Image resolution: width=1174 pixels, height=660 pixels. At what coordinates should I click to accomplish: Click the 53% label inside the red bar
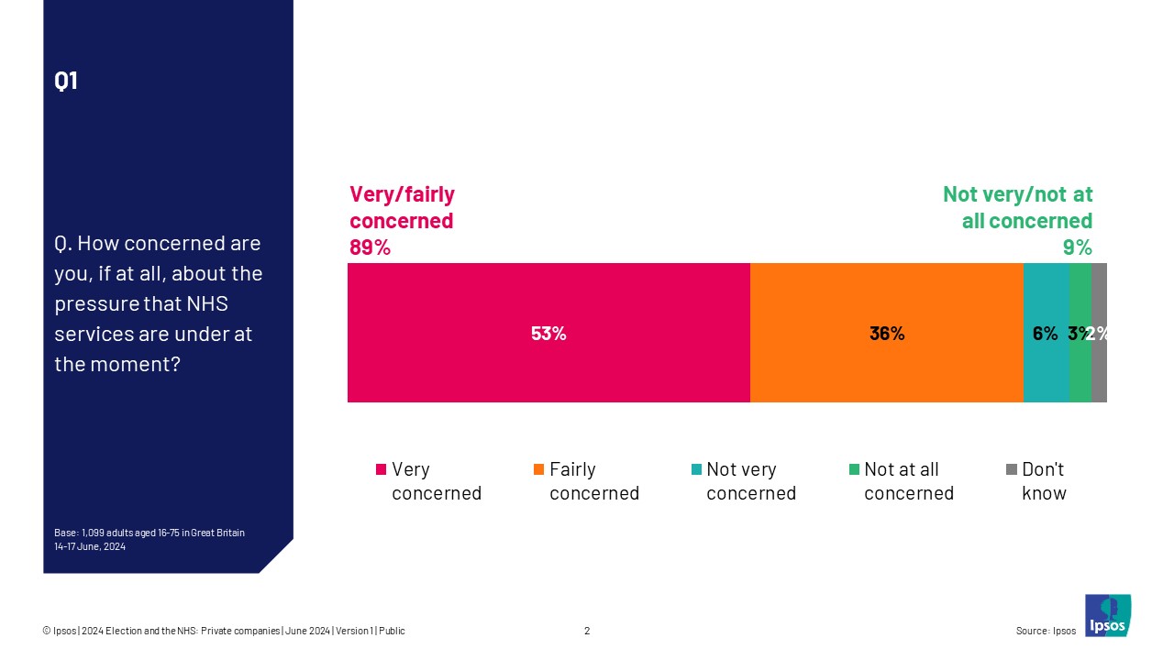pyautogui.click(x=548, y=334)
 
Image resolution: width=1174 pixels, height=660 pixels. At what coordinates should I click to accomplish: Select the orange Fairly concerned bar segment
pyautogui.click(x=886, y=367)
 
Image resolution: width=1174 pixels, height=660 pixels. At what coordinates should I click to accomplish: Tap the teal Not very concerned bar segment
pyautogui.click(x=1046, y=367)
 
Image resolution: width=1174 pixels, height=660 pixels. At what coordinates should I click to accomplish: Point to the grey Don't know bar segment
pyautogui.click(x=1100, y=367)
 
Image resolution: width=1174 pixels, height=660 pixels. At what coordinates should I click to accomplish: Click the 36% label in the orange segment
pyautogui.click(x=887, y=334)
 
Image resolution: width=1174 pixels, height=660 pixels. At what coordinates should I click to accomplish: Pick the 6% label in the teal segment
pyautogui.click(x=1045, y=334)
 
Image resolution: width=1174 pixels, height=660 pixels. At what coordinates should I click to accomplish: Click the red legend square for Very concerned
pyautogui.click(x=381, y=469)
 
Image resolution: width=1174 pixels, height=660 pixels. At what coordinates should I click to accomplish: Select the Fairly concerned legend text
pyautogui.click(x=593, y=481)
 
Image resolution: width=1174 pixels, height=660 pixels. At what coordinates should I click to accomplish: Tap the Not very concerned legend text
pyautogui.click(x=750, y=481)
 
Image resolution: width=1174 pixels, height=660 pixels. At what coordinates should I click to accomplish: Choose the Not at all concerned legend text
pyautogui.click(x=908, y=481)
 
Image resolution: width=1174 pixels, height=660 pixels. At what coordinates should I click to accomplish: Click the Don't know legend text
pyautogui.click(x=1044, y=481)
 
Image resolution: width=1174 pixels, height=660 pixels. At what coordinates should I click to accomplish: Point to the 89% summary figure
pyautogui.click(x=370, y=247)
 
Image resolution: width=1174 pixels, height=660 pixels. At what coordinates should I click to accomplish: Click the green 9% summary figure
pyautogui.click(x=1077, y=247)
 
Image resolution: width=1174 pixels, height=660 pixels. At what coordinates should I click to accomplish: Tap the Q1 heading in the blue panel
pyautogui.click(x=66, y=81)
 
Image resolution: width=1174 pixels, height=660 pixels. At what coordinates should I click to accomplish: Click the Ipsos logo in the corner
pyautogui.click(x=1108, y=615)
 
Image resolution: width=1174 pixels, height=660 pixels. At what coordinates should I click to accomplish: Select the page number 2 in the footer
pyautogui.click(x=587, y=631)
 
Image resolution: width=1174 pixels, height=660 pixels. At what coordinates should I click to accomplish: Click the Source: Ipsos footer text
pyautogui.click(x=1046, y=631)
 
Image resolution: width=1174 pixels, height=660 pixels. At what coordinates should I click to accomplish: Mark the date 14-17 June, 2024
pyautogui.click(x=90, y=546)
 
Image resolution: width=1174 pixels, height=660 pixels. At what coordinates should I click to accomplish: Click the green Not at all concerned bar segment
pyautogui.click(x=1080, y=367)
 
